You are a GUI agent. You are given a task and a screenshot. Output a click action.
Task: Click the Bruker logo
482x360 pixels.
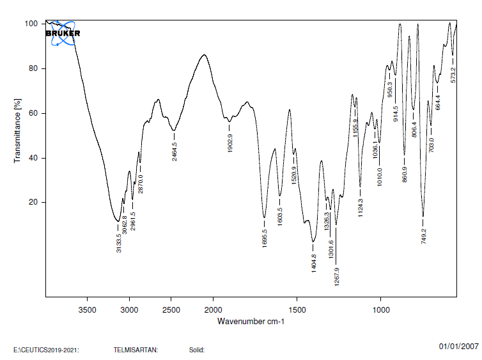(x=63, y=33)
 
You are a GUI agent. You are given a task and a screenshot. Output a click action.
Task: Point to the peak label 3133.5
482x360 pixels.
(x=119, y=242)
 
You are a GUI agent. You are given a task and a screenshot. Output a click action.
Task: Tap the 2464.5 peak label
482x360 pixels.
(x=175, y=151)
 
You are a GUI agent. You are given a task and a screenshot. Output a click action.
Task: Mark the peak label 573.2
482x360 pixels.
(x=453, y=74)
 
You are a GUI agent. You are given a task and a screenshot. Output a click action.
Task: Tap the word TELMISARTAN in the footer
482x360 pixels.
(x=136, y=350)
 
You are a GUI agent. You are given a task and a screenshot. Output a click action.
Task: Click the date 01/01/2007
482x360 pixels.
(x=458, y=346)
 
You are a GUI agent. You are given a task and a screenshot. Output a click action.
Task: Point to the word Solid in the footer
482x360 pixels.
(x=196, y=350)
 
